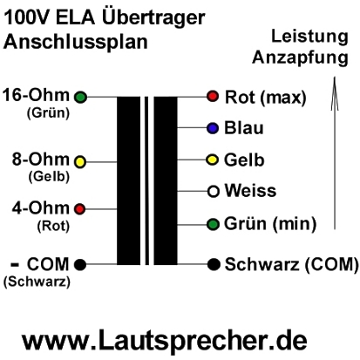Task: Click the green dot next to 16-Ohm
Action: (80, 97)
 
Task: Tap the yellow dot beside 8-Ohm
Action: (80, 162)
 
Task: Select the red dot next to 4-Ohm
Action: (79, 208)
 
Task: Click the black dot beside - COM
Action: (80, 264)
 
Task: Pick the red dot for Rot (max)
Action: (213, 96)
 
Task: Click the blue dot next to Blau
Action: (213, 128)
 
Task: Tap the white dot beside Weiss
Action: (213, 192)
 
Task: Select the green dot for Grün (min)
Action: (213, 224)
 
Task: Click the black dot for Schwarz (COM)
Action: (214, 264)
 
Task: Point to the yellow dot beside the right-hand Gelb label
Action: (213, 160)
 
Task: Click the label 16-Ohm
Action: (37, 95)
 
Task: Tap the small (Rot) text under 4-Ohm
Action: (53, 226)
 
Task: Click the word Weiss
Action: (250, 191)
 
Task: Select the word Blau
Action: (244, 128)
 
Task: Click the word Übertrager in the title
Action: (153, 17)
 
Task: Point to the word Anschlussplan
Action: (76, 43)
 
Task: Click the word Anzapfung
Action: (300, 58)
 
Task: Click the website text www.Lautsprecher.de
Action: (165, 340)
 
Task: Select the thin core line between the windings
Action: (146, 180)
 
